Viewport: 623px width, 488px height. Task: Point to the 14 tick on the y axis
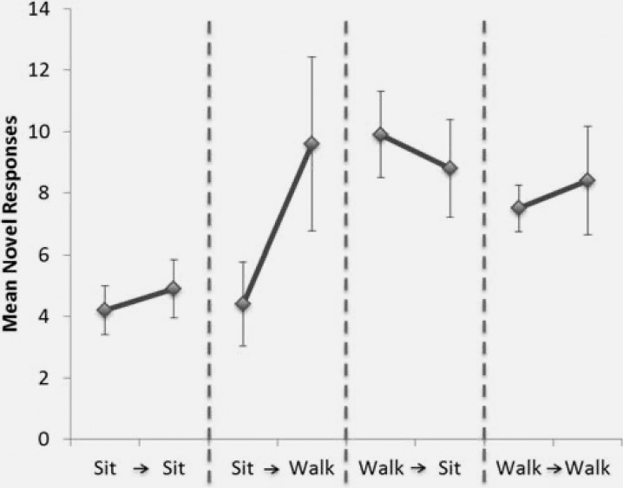(x=41, y=9)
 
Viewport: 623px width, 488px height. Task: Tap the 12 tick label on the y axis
(x=41, y=70)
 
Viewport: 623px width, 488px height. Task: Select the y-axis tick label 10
(x=41, y=132)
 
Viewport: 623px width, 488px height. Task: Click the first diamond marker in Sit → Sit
(x=104, y=309)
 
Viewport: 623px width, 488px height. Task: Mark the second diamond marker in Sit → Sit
(x=173, y=289)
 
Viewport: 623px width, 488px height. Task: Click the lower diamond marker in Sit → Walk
(x=242, y=303)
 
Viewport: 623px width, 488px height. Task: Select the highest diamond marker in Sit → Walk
(x=311, y=143)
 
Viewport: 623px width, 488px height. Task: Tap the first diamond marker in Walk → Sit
(x=380, y=134)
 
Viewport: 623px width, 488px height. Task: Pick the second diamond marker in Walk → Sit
(x=449, y=168)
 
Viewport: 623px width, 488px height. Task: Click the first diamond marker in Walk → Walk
(x=518, y=208)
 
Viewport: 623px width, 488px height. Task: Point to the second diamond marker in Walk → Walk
(x=587, y=180)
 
